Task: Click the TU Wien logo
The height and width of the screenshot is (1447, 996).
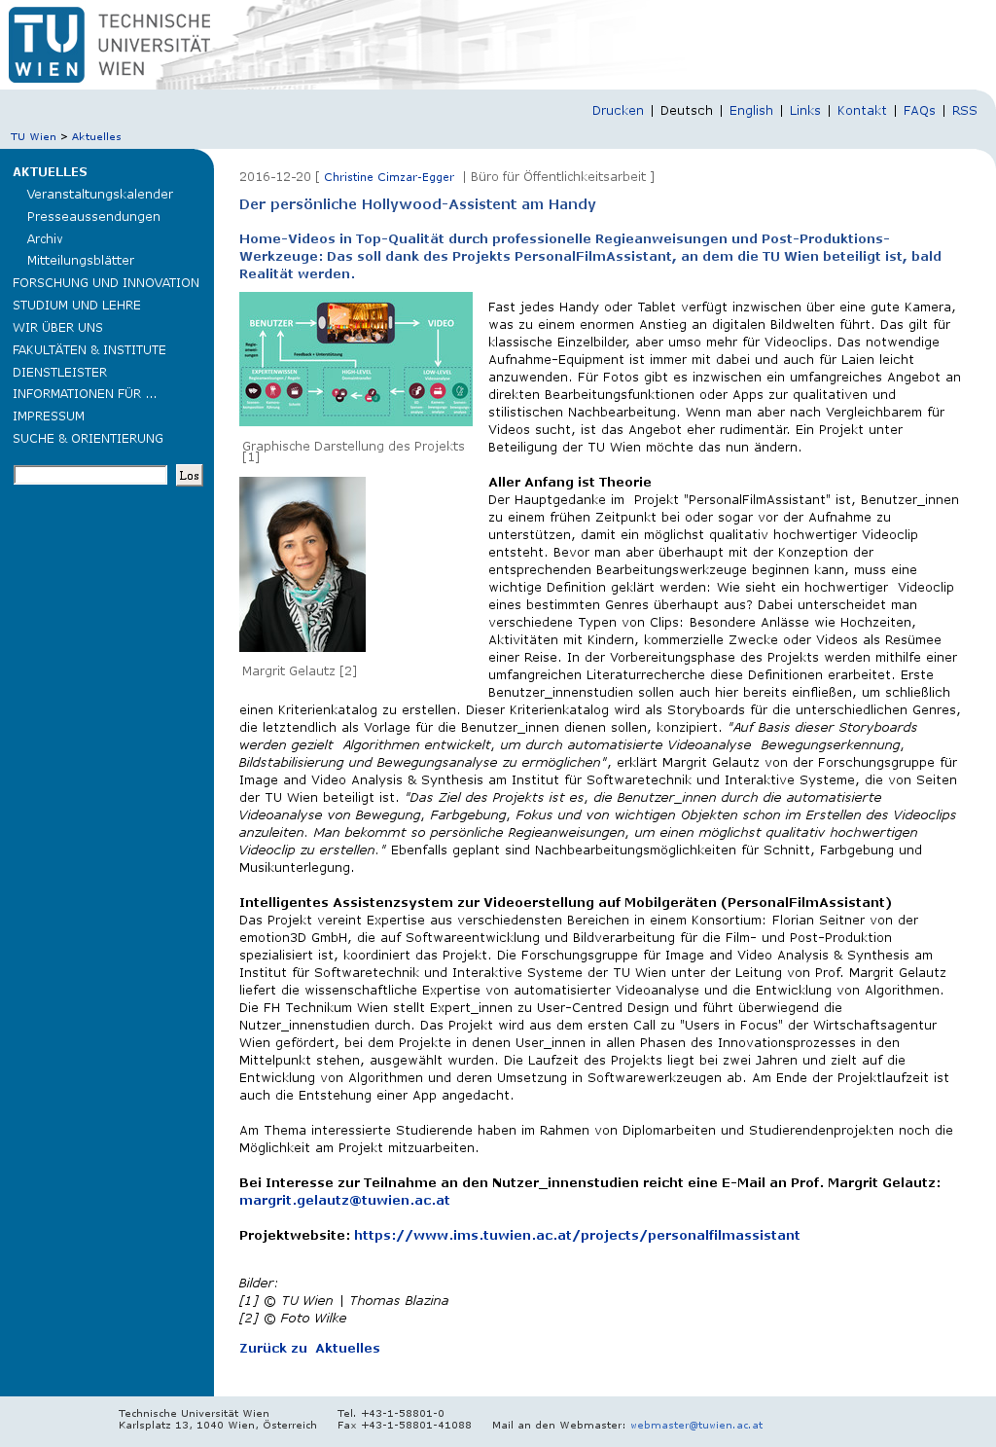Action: (x=47, y=45)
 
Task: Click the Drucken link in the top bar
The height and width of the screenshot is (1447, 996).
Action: (x=618, y=111)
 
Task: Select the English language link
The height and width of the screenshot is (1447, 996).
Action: (x=751, y=111)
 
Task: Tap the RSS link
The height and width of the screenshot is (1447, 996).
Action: (x=964, y=111)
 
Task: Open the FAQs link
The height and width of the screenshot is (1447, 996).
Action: (x=919, y=111)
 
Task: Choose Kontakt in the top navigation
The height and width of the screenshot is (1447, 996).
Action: (x=862, y=111)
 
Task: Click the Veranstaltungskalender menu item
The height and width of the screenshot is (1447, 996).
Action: (x=100, y=195)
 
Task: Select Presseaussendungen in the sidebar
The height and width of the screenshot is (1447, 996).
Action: (x=93, y=217)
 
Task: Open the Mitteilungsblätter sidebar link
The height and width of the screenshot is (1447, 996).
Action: (x=81, y=261)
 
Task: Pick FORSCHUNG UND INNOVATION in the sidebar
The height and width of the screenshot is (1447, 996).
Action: (x=106, y=283)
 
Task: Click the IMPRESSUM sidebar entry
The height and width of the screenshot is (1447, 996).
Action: (x=49, y=416)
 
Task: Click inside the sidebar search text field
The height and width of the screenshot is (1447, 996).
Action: (x=90, y=475)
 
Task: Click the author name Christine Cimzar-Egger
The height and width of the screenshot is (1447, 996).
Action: (x=389, y=177)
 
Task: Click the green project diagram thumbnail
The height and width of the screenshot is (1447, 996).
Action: (x=356, y=359)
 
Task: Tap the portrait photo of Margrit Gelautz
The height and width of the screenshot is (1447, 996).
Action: (x=302, y=564)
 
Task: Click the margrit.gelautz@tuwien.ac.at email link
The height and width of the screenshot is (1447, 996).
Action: (x=344, y=1201)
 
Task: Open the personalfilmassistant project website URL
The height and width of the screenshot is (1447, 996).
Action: (x=577, y=1236)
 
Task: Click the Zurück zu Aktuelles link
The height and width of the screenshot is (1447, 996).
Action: (x=309, y=1349)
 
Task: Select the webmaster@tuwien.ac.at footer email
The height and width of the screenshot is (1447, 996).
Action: (x=696, y=1426)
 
